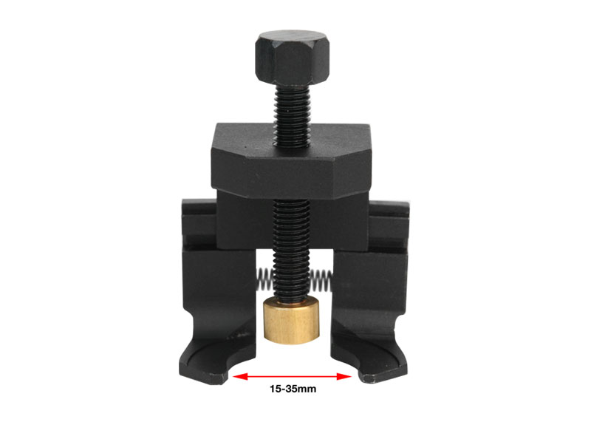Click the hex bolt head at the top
point(292,58)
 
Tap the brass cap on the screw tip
point(291,321)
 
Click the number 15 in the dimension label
point(275,389)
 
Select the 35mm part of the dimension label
point(301,389)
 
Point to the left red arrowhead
point(241,376)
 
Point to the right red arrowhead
point(344,376)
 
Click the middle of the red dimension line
point(292,376)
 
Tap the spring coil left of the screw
point(266,279)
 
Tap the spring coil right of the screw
point(321,281)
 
